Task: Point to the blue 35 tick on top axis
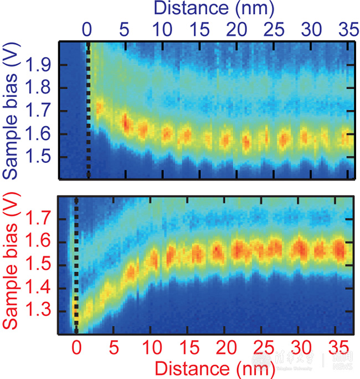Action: [x=344, y=28]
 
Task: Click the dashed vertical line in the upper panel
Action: [x=88, y=111]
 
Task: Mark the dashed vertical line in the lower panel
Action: [x=76, y=266]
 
